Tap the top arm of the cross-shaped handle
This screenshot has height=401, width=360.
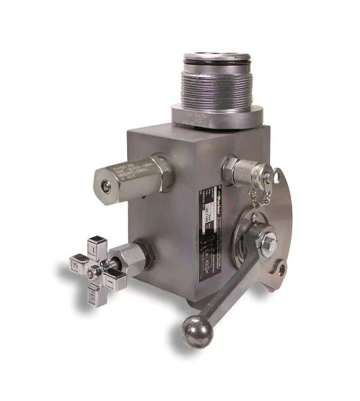point(97,246)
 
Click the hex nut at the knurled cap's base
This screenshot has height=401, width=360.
point(229,167)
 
